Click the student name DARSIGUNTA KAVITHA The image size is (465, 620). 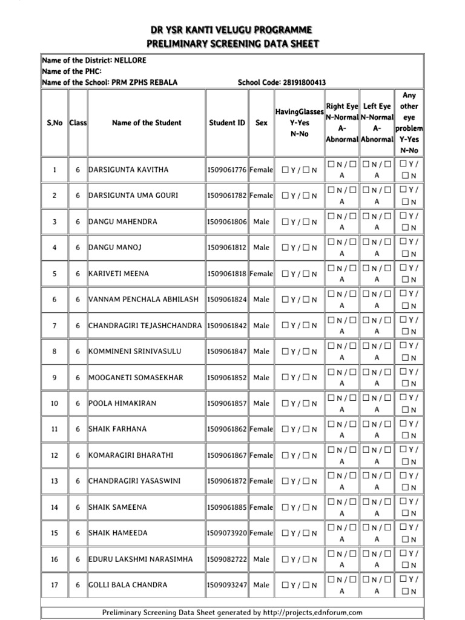[128, 170]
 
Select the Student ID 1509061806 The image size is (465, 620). [227, 222]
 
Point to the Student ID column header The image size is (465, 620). [227, 123]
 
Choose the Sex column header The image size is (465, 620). [262, 123]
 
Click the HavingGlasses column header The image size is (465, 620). [300, 111]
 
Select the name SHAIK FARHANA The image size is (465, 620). [117, 429]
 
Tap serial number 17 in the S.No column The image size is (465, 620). [54, 585]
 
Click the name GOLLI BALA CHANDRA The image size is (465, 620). [128, 585]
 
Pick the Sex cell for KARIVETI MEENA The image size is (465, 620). [262, 274]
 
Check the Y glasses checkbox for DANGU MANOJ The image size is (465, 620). [286, 248]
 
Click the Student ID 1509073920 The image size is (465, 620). [227, 533]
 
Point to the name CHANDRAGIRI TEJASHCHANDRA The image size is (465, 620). [145, 326]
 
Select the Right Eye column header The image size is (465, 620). [342, 107]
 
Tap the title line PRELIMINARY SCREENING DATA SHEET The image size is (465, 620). [232, 44]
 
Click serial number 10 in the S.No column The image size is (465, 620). [54, 403]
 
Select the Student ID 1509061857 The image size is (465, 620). [227, 403]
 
